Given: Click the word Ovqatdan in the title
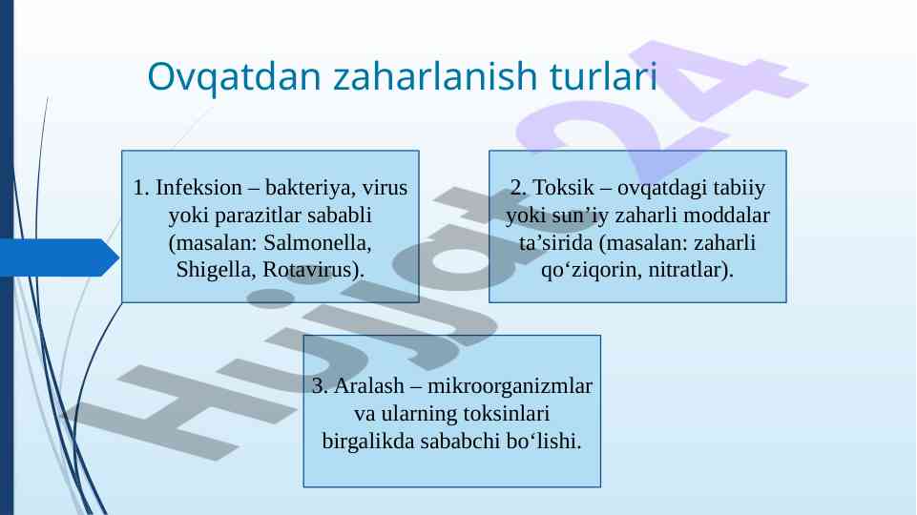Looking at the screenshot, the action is pyautogui.click(x=234, y=77).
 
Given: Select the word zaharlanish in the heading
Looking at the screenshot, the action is pyautogui.click(x=435, y=76).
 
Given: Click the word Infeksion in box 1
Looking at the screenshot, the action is pyautogui.click(x=198, y=188).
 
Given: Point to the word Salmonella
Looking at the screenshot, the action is pyautogui.click(x=317, y=242).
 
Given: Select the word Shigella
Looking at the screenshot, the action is pyautogui.click(x=216, y=270).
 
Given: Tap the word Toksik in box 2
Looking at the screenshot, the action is pyautogui.click(x=563, y=188).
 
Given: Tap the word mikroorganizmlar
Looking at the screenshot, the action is pyautogui.click(x=510, y=386).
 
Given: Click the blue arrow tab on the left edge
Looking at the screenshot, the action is pyautogui.click(x=59, y=257).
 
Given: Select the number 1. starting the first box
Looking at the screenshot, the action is pyautogui.click(x=141, y=188).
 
